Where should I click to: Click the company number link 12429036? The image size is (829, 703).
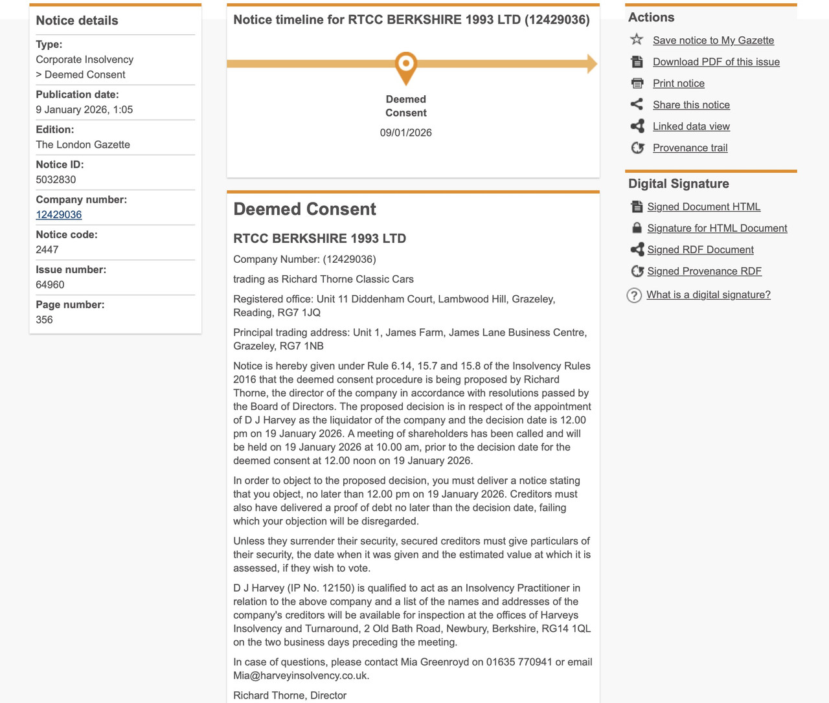pyautogui.click(x=59, y=215)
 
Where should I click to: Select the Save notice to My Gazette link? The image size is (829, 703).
pyautogui.click(x=713, y=40)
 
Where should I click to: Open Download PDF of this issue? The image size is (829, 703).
pyautogui.click(x=716, y=62)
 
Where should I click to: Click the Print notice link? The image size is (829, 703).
pyautogui.click(x=678, y=84)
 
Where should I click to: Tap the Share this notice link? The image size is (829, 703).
pyautogui.click(x=691, y=105)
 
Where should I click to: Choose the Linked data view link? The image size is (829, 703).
pyautogui.click(x=691, y=126)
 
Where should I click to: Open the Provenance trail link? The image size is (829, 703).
pyautogui.click(x=690, y=148)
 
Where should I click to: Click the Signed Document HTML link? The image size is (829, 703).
pyautogui.click(x=703, y=206)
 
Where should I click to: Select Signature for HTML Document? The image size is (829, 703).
pyautogui.click(x=717, y=228)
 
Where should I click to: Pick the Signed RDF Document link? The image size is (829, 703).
pyautogui.click(x=700, y=250)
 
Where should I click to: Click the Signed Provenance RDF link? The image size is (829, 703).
pyautogui.click(x=704, y=271)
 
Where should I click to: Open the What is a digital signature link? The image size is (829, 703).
pyautogui.click(x=708, y=295)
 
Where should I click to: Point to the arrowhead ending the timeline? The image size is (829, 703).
pyautogui.click(x=591, y=64)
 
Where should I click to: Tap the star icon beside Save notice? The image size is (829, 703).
pyautogui.click(x=637, y=39)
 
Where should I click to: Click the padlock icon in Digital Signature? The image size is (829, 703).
pyautogui.click(x=637, y=228)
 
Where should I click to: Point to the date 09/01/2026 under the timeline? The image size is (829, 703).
pyautogui.click(x=406, y=133)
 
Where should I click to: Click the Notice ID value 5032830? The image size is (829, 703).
pyautogui.click(x=56, y=180)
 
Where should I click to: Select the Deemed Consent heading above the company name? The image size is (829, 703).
pyautogui.click(x=304, y=209)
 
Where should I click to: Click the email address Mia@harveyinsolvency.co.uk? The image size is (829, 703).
pyautogui.click(x=301, y=676)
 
